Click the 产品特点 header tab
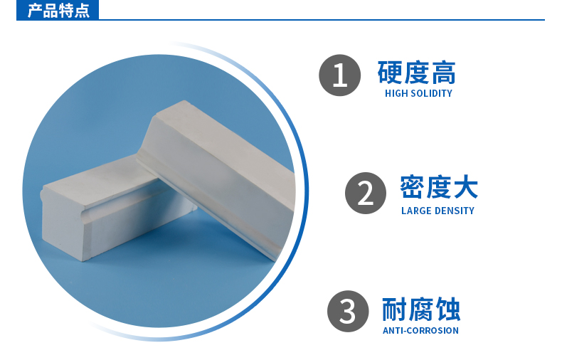[x=58, y=10]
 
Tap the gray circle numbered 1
[x=340, y=75]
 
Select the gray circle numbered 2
[x=366, y=194]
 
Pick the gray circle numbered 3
[x=348, y=311]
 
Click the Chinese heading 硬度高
[x=416, y=73]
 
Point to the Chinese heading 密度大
[x=439, y=187]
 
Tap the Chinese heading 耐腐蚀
[x=421, y=309]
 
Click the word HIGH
[x=396, y=94]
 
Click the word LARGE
[x=415, y=211]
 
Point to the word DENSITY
[x=454, y=211]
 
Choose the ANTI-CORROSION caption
[x=420, y=331]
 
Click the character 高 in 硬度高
[x=444, y=73]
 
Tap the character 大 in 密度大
[x=466, y=187]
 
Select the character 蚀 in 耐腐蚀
[x=448, y=309]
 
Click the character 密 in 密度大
[x=412, y=187]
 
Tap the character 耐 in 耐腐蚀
[x=394, y=309]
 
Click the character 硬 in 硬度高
[x=390, y=73]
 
